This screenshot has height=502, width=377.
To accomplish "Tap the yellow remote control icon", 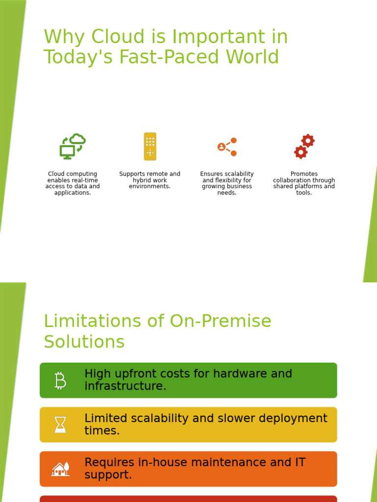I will (150, 146).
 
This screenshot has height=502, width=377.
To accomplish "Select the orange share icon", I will (227, 147).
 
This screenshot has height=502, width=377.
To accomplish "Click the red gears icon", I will (304, 146).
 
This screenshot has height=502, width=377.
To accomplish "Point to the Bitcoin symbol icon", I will (60, 380).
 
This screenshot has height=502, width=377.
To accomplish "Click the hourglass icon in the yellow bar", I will (60, 425).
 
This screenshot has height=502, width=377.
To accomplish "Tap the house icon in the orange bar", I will (60, 469).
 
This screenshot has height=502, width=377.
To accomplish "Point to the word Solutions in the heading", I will (84, 342).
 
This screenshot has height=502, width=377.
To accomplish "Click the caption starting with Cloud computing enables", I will (73, 183).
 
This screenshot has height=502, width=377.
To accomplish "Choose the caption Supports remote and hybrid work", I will (150, 180).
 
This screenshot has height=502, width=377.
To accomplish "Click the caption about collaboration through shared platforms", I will (304, 183).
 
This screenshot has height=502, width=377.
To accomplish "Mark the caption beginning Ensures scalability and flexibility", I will (227, 183).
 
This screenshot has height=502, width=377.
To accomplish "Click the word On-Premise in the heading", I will (221, 322).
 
